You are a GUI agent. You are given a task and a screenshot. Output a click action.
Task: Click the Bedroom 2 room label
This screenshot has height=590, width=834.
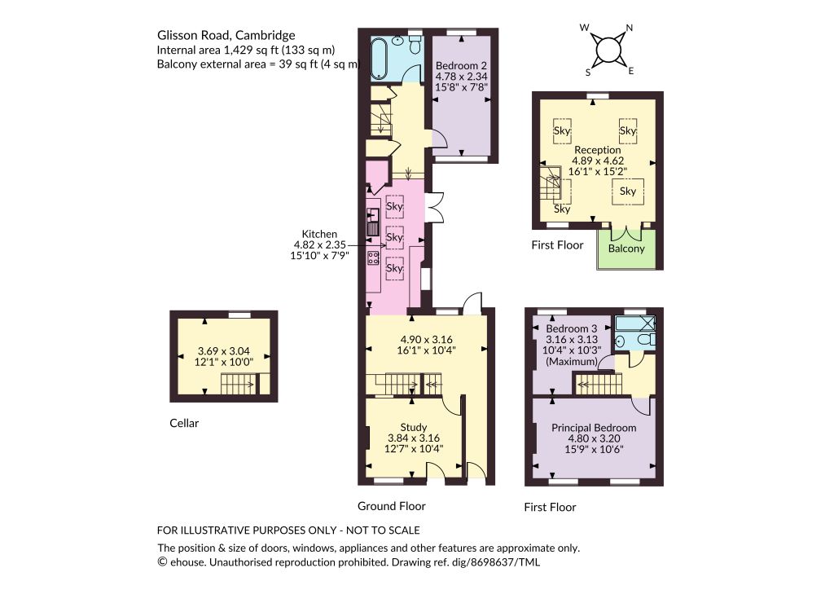pos(461,66)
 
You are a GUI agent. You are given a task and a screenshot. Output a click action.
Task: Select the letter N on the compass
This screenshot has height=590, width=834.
pos(630,29)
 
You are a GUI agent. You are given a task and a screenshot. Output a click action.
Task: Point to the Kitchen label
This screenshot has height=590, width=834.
pos(319,234)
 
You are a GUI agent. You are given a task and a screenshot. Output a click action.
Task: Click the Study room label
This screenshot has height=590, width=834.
pos(413,427)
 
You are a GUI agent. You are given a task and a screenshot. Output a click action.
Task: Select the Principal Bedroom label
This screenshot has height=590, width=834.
pos(594,428)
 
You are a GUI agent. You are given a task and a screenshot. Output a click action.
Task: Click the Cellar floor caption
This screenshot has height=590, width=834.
pos(184,424)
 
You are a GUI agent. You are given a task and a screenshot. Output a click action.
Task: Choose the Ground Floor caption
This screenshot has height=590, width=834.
pos(392,507)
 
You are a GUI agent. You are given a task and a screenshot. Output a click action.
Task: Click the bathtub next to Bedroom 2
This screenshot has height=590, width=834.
pos(380,58)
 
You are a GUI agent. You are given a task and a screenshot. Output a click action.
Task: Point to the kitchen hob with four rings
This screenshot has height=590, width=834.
pos(373,258)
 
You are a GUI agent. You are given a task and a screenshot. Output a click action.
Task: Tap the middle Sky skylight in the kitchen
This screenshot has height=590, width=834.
pos(394,237)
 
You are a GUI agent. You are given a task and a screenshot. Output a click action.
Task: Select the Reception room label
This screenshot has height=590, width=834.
pos(597,150)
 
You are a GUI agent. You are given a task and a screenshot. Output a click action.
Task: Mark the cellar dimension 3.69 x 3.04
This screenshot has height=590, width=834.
pos(223,351)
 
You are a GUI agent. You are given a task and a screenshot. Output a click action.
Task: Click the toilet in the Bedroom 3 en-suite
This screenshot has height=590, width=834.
pos(646,340)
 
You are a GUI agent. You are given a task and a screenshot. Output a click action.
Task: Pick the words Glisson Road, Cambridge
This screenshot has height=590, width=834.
pos(226,36)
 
